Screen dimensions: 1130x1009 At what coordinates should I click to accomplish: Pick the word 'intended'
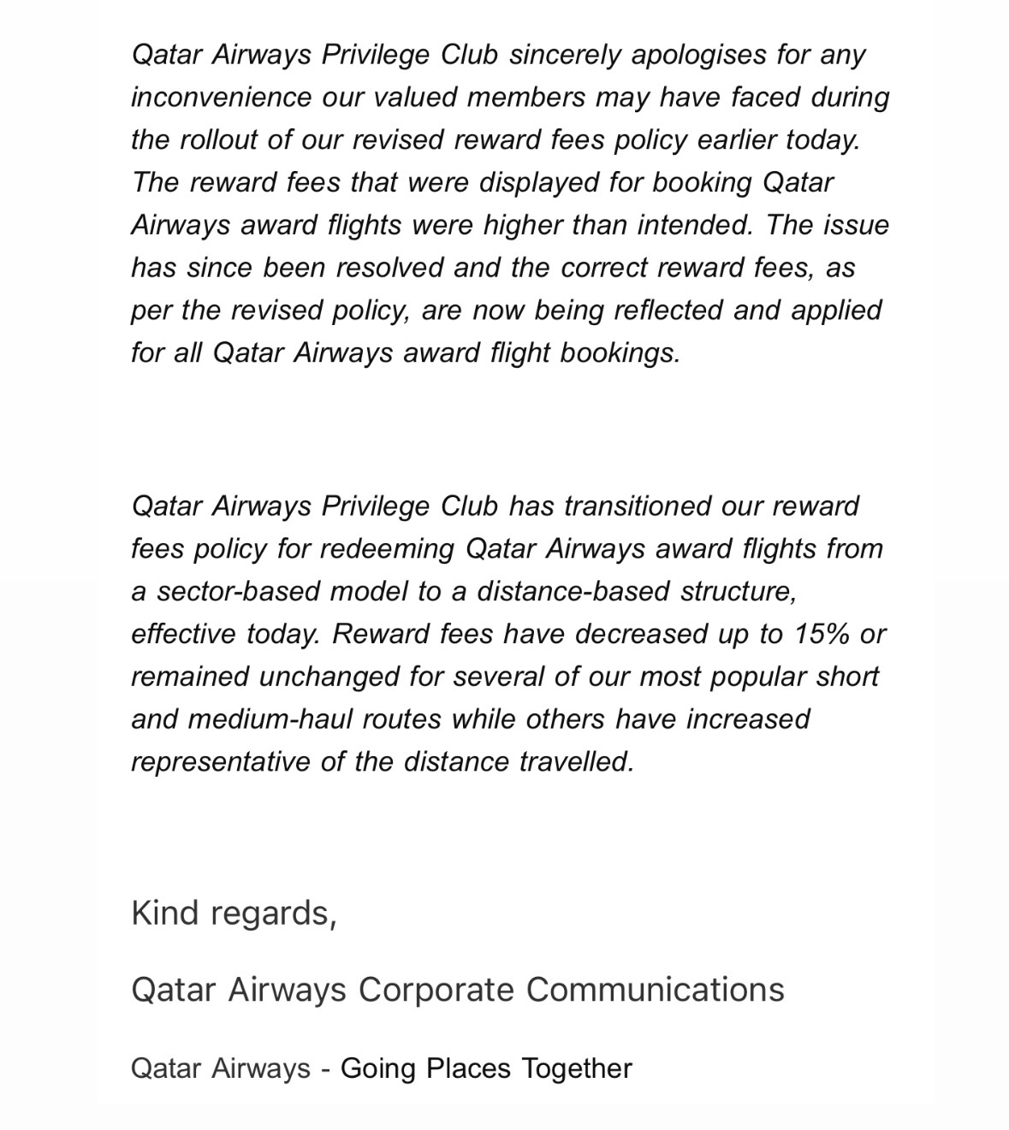pyautogui.click(x=694, y=225)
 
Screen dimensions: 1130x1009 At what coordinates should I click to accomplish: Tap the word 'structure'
pyautogui.click(x=739, y=591)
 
